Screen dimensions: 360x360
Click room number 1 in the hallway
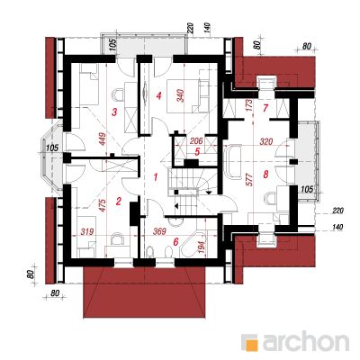156,177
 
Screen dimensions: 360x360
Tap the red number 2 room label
119,201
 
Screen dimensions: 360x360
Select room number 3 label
114,112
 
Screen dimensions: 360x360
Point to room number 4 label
158,96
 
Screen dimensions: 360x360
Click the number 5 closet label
197,152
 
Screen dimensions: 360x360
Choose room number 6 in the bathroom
175,242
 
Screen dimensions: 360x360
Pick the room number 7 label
265,108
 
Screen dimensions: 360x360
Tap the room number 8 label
265,175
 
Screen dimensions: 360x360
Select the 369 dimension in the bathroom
160,232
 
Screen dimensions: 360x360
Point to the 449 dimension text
103,139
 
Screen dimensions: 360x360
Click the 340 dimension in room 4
181,96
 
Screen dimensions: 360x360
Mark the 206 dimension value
196,141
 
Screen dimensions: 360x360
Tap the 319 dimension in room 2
87,232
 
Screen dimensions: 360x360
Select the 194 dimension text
202,247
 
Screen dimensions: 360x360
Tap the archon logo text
306,342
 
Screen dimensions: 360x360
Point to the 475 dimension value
103,205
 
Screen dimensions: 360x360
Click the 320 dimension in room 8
266,141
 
